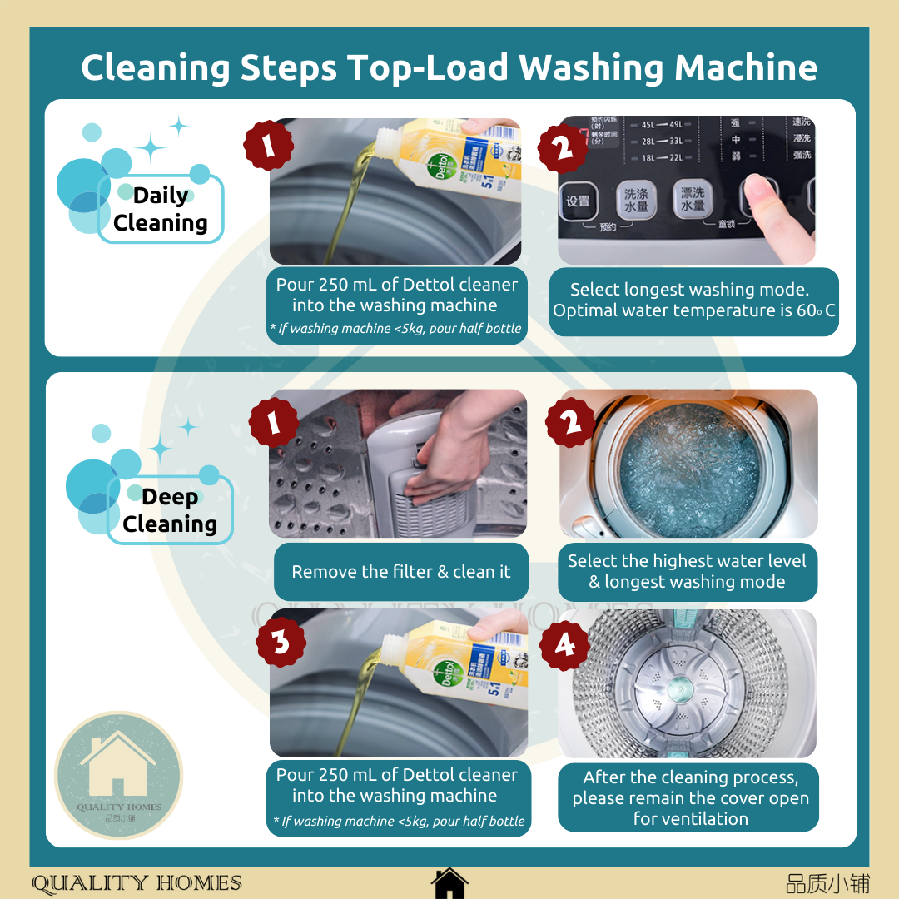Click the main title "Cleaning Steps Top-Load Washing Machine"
[449, 67]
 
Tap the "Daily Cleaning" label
[161, 209]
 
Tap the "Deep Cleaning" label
[170, 510]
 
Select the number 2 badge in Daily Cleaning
[564, 147]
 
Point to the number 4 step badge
[565, 643]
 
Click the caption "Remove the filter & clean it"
[400, 572]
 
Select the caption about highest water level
[687, 571]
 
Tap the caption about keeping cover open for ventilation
[690, 797]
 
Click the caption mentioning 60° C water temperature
[693, 300]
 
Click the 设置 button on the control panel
[579, 201]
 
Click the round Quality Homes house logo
[118, 775]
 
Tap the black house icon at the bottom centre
[449, 882]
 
